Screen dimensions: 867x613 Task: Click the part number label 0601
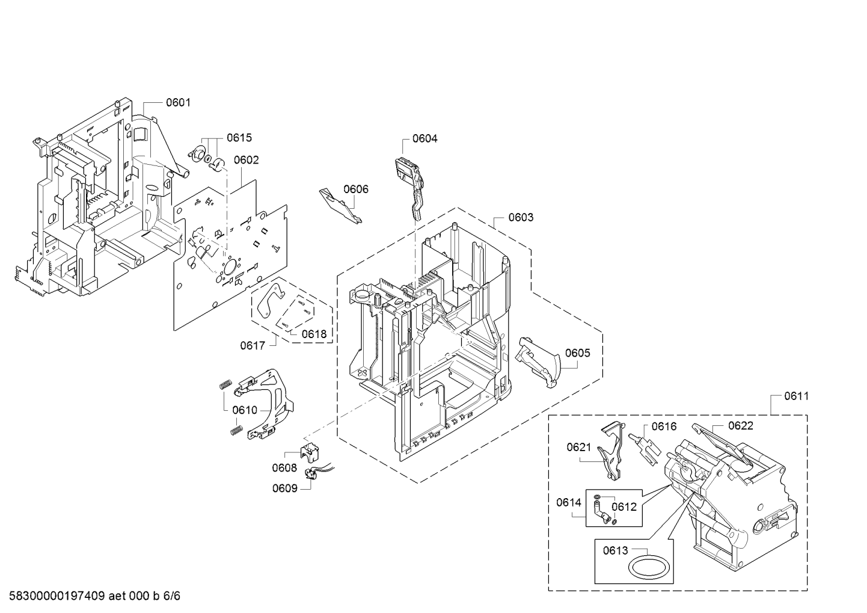coord(178,103)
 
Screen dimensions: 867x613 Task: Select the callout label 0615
coord(239,138)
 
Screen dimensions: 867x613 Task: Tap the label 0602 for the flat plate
coord(246,160)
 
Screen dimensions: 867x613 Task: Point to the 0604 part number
coord(424,138)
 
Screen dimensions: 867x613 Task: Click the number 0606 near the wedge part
coord(356,189)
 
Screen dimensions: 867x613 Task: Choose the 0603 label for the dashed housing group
coord(521,218)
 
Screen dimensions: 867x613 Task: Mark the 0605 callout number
coord(577,353)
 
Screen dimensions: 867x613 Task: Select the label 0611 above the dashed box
coord(797,396)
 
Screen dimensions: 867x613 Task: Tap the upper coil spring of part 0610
coord(225,384)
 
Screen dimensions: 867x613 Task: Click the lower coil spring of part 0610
coord(236,430)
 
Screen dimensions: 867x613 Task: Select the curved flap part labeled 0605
coord(538,362)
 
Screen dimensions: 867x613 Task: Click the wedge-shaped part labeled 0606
coord(340,205)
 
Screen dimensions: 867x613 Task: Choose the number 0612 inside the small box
coord(624,507)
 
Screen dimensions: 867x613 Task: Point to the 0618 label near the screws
coord(314,334)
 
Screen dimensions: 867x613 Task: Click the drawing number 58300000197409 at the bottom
coord(57,596)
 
